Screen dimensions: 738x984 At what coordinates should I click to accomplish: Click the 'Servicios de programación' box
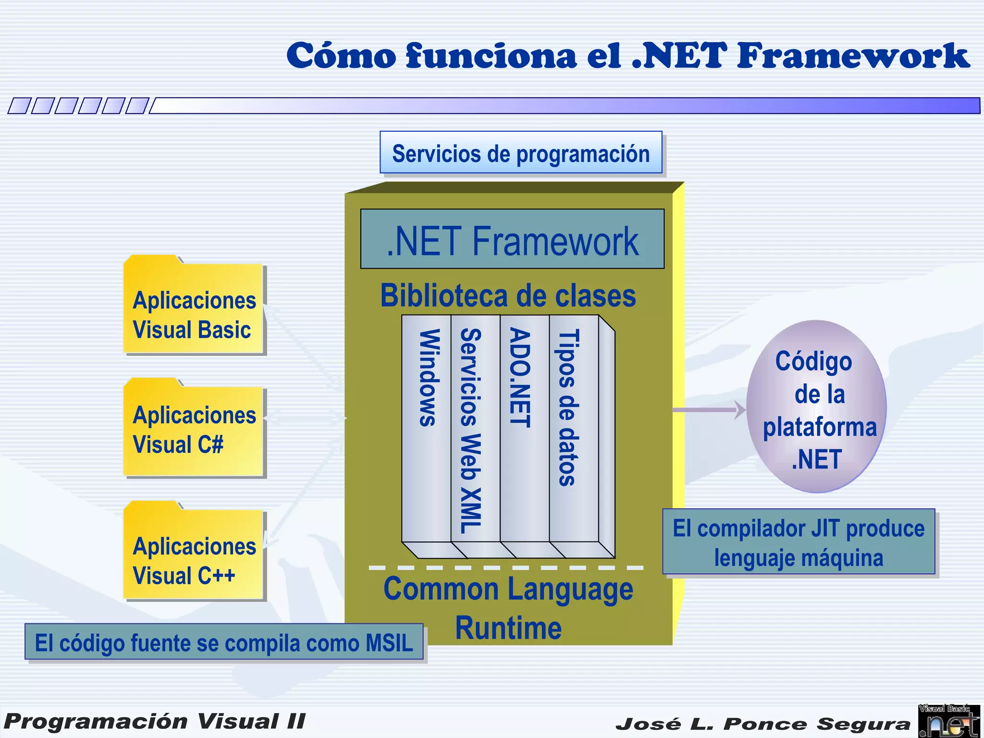pos(521,153)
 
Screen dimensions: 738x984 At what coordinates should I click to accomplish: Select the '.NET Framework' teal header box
pos(512,239)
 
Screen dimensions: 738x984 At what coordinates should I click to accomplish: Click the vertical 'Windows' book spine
pos(427,428)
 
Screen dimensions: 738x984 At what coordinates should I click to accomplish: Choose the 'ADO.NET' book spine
pos(524,428)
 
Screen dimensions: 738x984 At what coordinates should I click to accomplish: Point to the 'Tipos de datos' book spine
pos(573,428)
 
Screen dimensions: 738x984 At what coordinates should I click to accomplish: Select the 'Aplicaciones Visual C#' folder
pos(194,430)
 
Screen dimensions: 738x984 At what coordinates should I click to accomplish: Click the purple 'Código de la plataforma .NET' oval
pos(817,406)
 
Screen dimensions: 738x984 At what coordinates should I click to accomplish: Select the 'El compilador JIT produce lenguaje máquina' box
pos(799,542)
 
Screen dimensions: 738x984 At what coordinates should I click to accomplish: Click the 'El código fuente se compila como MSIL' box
pos(224,642)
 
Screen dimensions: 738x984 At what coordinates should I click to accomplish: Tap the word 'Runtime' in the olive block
pos(508,628)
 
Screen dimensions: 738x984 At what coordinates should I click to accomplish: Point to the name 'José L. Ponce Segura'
pos(763,724)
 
